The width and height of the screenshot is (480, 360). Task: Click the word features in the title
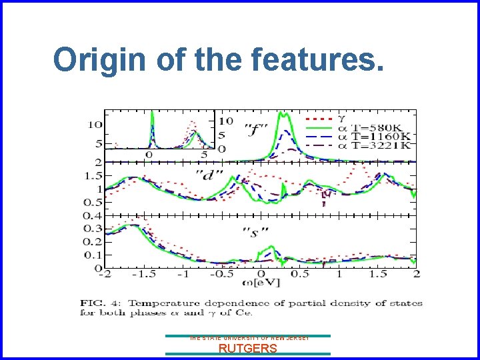click(318, 60)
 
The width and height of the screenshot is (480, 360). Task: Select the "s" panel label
click(249, 233)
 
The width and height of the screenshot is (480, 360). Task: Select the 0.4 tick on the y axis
click(92, 215)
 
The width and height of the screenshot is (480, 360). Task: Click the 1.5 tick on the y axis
click(92, 175)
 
